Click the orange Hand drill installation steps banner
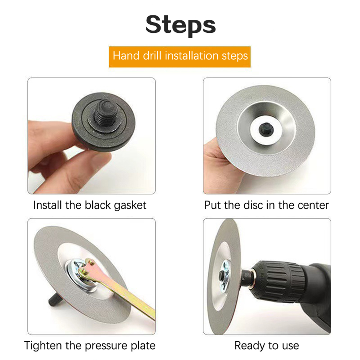[x=180, y=57]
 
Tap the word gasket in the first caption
[x=130, y=206]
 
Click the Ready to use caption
[x=267, y=346]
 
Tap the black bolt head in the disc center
[x=266, y=129]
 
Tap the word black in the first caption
[x=98, y=205]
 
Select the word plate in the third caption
[x=143, y=346]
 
